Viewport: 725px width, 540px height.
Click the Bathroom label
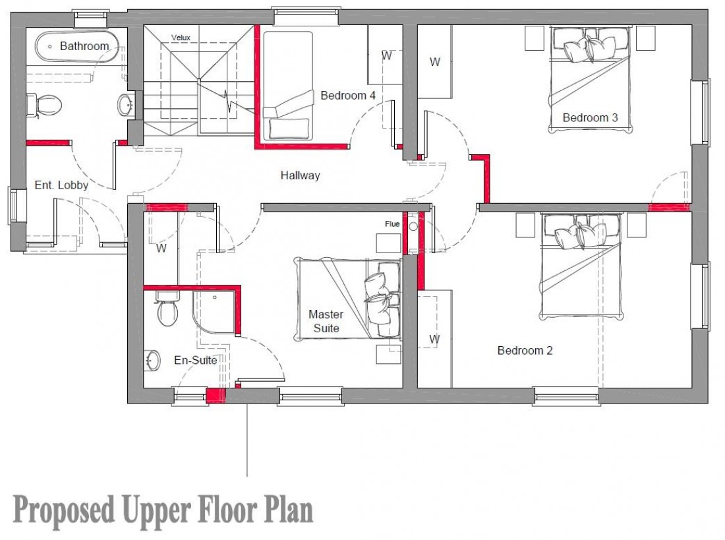[x=84, y=46]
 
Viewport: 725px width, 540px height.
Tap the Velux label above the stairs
[x=181, y=38]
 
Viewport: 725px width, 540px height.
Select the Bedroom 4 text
[x=348, y=96]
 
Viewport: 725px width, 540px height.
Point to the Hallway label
[x=300, y=175]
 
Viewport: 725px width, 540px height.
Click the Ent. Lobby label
[x=61, y=185]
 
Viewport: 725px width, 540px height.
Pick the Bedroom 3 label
[x=590, y=117]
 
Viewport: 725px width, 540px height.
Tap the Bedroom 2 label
[x=525, y=350]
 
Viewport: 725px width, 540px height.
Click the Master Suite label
[x=326, y=321]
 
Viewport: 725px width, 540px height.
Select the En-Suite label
[x=196, y=360]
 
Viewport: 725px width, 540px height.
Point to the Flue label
[x=392, y=224]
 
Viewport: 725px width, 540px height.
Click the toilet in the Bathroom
[x=43, y=105]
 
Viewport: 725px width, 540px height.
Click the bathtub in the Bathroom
[x=76, y=46]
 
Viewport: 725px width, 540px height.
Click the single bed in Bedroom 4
[x=287, y=85]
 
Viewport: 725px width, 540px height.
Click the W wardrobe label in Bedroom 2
[x=434, y=339]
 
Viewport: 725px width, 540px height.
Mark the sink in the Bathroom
[x=125, y=104]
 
